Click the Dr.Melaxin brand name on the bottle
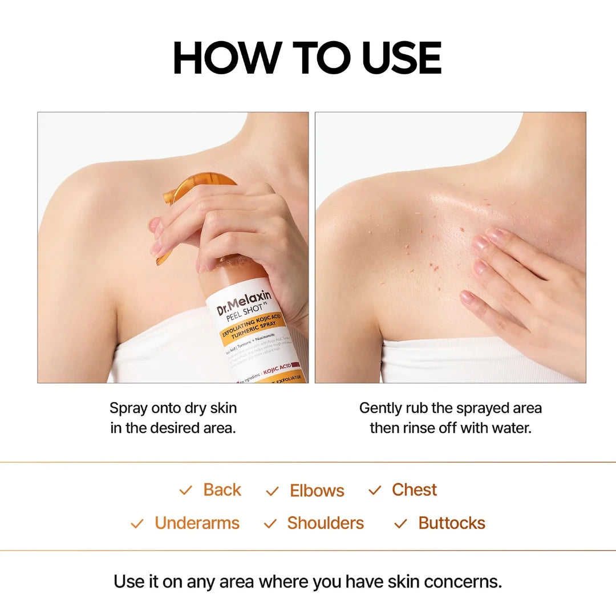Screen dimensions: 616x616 coord(244,302)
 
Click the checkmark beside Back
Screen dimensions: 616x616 coord(185,491)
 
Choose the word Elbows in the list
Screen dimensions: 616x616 coord(317,491)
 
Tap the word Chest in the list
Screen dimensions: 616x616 coord(414,490)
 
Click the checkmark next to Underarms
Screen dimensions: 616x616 coord(137,524)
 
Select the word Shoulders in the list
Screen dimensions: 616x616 coord(325,523)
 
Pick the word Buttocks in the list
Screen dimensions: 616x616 coord(452,523)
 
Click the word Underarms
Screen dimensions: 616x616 coord(197,523)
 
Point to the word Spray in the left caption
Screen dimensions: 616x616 coord(128,408)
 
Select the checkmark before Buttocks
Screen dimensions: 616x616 coord(401,524)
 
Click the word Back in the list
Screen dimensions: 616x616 coord(222,490)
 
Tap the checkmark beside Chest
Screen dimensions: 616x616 coord(375,491)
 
